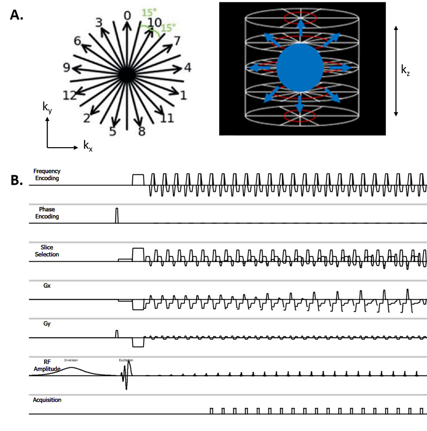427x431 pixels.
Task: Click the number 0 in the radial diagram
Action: coord(127,16)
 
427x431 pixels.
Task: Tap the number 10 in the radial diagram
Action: coord(154,23)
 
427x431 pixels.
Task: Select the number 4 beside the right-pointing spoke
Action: coord(187,68)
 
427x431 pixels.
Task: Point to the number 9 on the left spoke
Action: coord(67,68)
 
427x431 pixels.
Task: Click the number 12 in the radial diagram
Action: coord(69,95)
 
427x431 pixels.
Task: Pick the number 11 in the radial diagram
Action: coord(167,119)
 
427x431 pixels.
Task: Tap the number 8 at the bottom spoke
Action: coord(142,132)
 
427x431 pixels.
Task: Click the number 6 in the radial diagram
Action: coord(77,41)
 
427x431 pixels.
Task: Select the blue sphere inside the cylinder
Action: coord(300,67)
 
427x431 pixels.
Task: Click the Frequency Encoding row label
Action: coord(47,175)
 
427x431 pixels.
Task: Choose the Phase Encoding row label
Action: coord(47,213)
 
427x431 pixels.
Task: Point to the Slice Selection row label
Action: coord(47,251)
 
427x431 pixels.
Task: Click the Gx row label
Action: coord(47,286)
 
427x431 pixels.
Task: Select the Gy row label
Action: coord(47,324)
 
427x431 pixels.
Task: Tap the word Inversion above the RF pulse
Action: coord(71,360)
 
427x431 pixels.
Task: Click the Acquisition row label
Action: coord(47,400)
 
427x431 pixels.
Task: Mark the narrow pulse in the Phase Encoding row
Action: coord(117,215)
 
